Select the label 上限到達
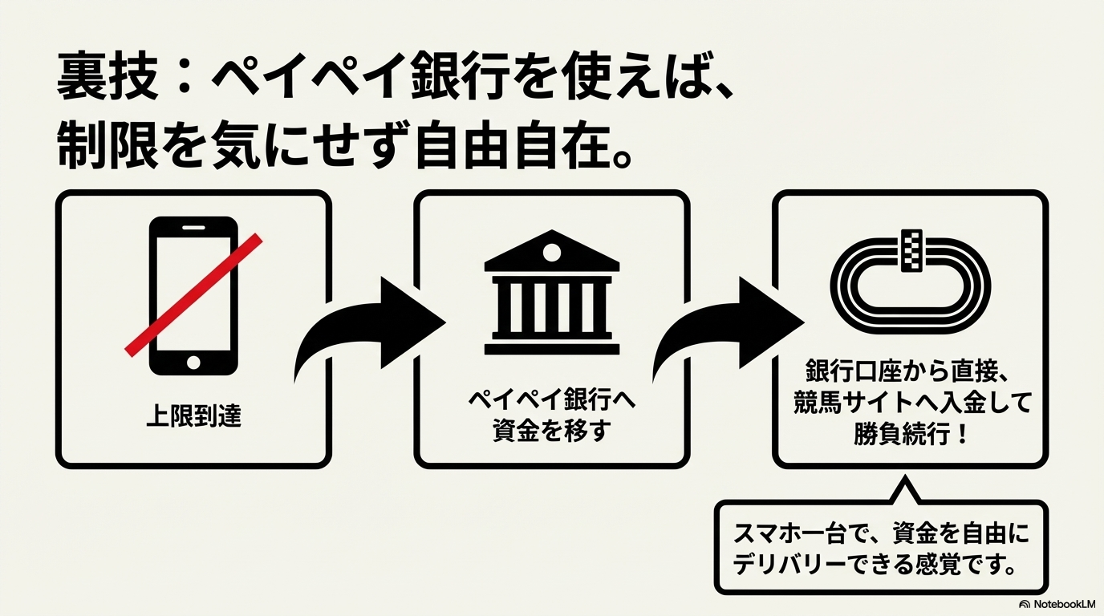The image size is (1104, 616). [x=193, y=417]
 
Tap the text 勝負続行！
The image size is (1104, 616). [x=910, y=436]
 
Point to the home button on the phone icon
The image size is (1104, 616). [x=193, y=362]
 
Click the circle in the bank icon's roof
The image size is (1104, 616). [x=552, y=253]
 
